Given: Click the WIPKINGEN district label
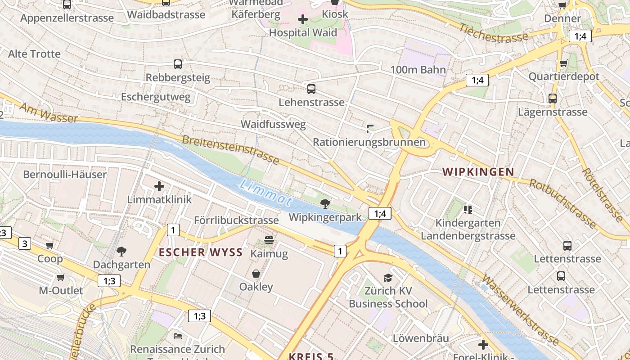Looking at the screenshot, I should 478,172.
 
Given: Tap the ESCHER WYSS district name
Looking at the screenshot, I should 201,252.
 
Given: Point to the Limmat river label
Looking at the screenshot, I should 266,193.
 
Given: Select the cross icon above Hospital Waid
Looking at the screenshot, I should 303,19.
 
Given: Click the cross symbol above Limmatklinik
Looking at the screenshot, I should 159,186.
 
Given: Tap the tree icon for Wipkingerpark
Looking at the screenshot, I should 325,204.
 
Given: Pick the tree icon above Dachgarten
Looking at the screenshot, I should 121,251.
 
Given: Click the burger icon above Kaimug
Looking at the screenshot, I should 269,240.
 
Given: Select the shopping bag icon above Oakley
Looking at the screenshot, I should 256,274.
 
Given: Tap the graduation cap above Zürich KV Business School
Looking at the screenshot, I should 388,278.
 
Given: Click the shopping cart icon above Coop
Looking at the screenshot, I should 50,246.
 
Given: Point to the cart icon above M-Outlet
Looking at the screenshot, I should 60,277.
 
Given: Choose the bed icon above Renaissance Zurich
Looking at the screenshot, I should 178,336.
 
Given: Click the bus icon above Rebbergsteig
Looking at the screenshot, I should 178,64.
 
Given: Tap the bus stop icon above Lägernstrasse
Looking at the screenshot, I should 552,99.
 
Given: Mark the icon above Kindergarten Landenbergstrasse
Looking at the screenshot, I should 468,209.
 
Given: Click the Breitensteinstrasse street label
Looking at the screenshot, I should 230,150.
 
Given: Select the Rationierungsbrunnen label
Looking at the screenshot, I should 369,142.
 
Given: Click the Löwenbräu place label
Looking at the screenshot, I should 421,338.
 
